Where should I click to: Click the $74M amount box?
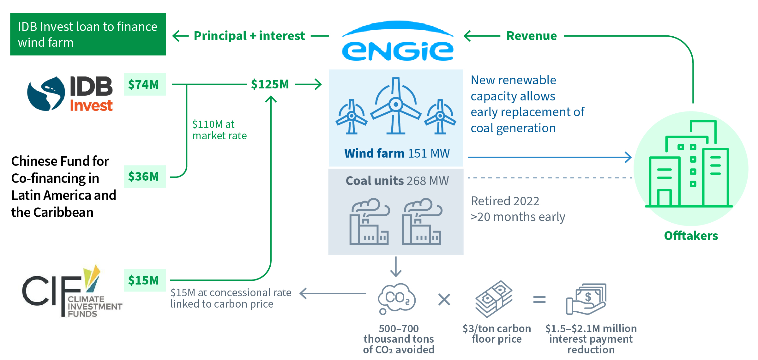pyautogui.click(x=144, y=84)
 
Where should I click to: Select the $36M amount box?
pyautogui.click(x=144, y=176)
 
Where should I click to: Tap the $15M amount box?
pyautogui.click(x=144, y=280)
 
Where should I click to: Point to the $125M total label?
pyautogui.click(x=270, y=84)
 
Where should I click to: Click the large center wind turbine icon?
pyautogui.click(x=396, y=106)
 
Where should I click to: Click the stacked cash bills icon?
pyautogui.click(x=494, y=298)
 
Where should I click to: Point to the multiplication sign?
pyautogui.click(x=444, y=299)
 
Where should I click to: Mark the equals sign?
pyautogui.click(x=539, y=299)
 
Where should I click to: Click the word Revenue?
pyautogui.click(x=532, y=36)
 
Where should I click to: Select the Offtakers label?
pyautogui.click(x=691, y=236)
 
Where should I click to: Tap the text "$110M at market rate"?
pyautogui.click(x=219, y=130)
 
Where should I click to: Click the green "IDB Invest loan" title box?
pyautogui.click(x=88, y=34)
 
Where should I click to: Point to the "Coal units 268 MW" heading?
pyautogui.click(x=397, y=181)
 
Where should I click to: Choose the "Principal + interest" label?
pyautogui.click(x=249, y=36)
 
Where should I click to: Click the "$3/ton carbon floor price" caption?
pyautogui.click(x=496, y=333)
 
